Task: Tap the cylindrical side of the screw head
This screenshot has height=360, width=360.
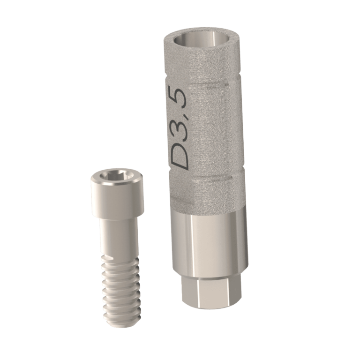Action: [117, 199]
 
